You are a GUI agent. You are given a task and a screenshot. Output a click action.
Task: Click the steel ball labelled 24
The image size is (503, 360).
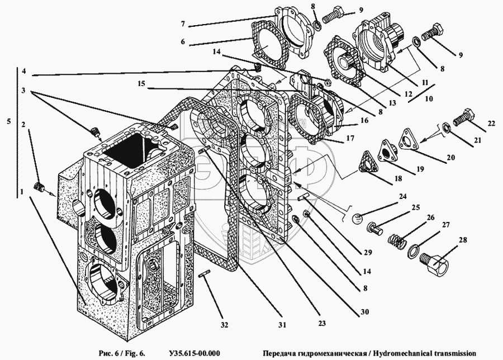(357, 219)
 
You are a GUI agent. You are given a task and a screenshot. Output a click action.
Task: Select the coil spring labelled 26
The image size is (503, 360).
(396, 239)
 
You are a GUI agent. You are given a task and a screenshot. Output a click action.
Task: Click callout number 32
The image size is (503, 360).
(224, 325)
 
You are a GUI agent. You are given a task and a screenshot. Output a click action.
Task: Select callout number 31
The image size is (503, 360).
(282, 325)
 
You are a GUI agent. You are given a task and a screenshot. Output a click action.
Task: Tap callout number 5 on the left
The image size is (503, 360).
(8, 121)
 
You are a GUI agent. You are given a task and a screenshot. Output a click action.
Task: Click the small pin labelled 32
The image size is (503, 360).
(203, 274)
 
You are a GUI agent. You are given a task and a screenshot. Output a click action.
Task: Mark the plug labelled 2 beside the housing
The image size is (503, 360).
(39, 186)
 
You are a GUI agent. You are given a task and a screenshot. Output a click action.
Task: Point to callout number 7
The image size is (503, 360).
(183, 23)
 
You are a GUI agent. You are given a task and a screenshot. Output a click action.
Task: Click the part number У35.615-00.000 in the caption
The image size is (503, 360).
(194, 354)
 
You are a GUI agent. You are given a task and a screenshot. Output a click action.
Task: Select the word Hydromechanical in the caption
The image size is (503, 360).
(401, 354)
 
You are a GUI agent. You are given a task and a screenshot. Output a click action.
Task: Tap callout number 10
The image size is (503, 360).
(429, 98)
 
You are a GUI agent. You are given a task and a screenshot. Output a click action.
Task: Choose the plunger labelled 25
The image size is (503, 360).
(374, 229)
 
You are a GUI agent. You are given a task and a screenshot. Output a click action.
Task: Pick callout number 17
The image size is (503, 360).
(350, 138)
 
